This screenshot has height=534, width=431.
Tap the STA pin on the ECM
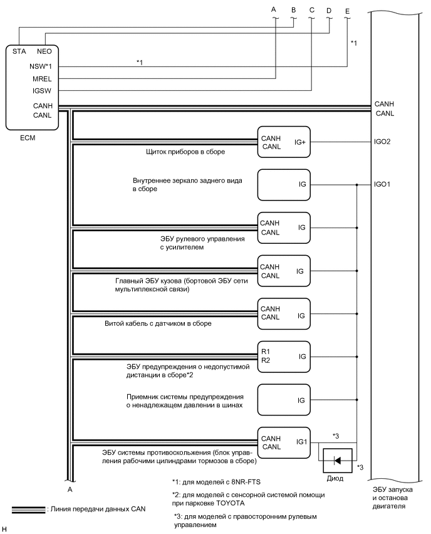pyautogui.click(x=18, y=52)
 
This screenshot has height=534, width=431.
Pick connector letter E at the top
pyautogui.click(x=347, y=10)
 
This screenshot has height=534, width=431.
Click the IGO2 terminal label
pyautogui.click(x=383, y=142)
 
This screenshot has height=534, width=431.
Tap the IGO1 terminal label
pyautogui.click(x=383, y=185)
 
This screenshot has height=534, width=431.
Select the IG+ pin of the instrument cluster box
pyautogui.click(x=300, y=142)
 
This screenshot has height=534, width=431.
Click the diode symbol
pyautogui.click(x=338, y=460)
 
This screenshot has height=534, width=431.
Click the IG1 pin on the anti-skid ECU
pyautogui.click(x=301, y=442)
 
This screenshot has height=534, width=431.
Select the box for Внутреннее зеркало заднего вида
pyautogui.click(x=284, y=185)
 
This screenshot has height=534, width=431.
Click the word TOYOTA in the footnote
pyautogui.click(x=288, y=503)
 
